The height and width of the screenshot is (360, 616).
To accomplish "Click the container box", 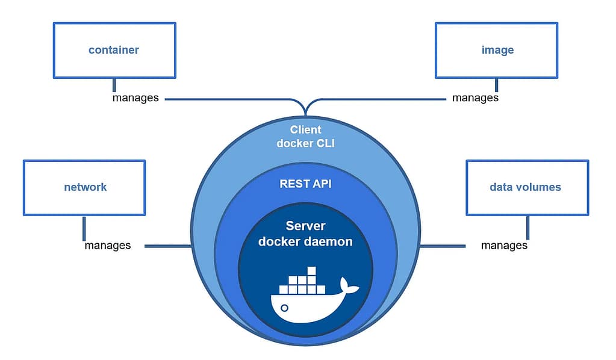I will (114, 50).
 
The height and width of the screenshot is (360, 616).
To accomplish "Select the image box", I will (497, 50).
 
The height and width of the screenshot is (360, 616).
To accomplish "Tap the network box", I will (84, 187).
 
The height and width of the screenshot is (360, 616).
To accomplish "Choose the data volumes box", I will (527, 187).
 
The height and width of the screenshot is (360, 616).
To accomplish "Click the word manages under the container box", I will (135, 98).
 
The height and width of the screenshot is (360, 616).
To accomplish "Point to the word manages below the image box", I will (475, 98).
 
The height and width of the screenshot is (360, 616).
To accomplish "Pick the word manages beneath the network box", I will (107, 245).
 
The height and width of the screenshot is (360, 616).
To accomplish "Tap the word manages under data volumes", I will (504, 245).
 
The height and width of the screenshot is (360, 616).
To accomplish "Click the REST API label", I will (305, 184).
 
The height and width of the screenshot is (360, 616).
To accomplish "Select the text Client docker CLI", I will (305, 136).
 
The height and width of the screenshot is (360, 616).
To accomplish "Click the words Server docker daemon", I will (305, 234).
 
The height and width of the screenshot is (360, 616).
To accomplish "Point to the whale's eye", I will (285, 308).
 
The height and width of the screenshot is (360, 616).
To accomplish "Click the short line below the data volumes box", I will (527, 228).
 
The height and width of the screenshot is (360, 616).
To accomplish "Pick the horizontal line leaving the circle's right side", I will (443, 246).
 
